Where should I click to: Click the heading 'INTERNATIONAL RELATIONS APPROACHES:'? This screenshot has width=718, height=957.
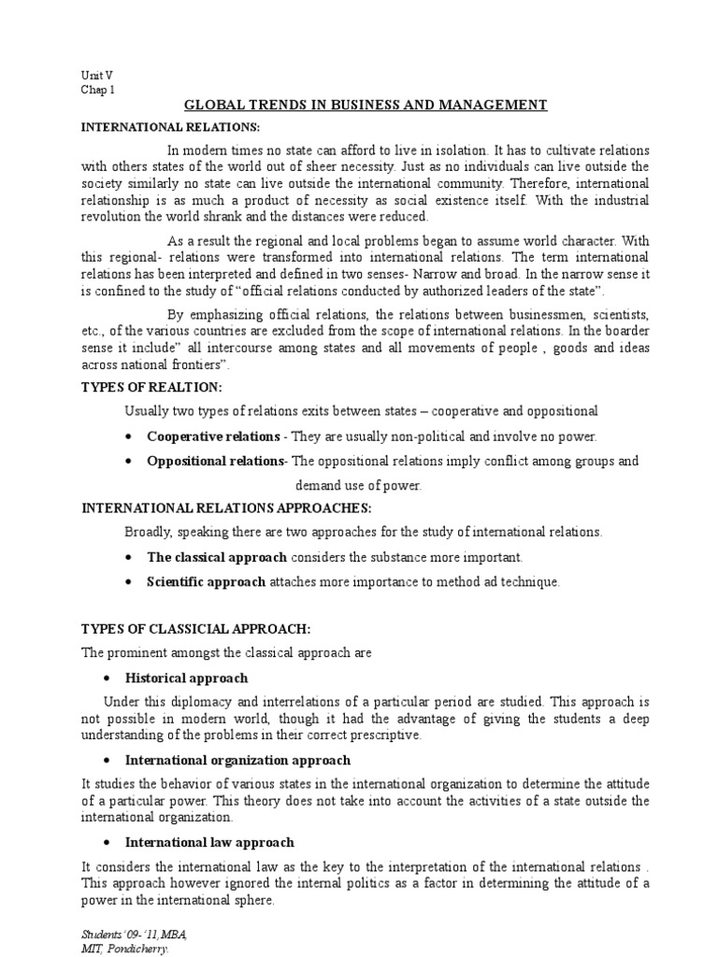(x=227, y=508)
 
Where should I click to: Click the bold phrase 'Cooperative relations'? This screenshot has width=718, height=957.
(x=213, y=436)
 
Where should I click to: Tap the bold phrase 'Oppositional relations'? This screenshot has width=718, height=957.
(x=215, y=461)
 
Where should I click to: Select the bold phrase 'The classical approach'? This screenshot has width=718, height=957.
(x=218, y=557)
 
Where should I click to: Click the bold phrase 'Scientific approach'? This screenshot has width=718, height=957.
(x=207, y=581)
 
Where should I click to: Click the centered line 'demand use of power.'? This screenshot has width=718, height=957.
(x=359, y=485)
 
